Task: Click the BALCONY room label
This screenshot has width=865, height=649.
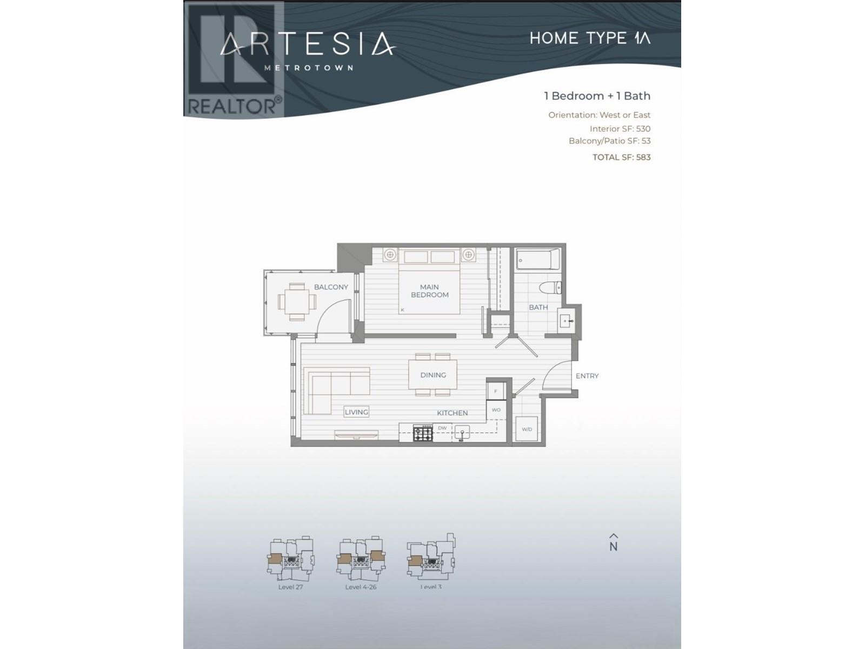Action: click(x=331, y=287)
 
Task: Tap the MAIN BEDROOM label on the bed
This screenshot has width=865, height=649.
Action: click(x=430, y=291)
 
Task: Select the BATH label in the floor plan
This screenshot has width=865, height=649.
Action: click(x=538, y=307)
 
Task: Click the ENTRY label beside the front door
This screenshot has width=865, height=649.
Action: click(x=587, y=376)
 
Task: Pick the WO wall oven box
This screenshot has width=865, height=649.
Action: click(x=496, y=410)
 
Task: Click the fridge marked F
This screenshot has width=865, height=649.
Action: click(x=496, y=390)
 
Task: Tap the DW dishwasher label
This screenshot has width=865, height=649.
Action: click(x=442, y=428)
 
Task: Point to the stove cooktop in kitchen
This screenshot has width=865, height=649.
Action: click(x=423, y=433)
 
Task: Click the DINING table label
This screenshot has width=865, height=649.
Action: click(x=433, y=375)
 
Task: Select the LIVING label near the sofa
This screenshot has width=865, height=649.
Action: click(x=356, y=412)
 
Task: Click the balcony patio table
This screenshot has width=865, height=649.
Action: click(x=296, y=301)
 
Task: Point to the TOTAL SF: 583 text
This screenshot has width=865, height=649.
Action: click(x=621, y=157)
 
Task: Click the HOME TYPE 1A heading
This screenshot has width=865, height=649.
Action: click(x=590, y=38)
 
